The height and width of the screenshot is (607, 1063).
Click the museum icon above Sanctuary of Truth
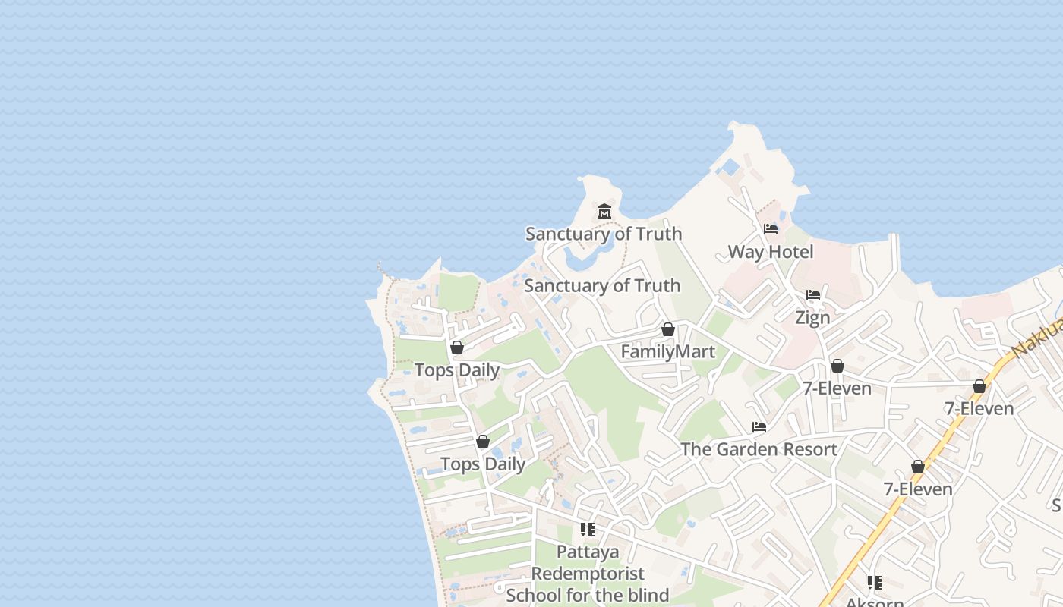click(604, 211)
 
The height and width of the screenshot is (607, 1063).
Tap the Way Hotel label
click(771, 252)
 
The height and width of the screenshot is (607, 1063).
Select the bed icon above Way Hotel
click(771, 229)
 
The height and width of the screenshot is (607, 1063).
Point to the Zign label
click(812, 318)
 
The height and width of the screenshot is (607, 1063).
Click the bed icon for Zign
click(813, 295)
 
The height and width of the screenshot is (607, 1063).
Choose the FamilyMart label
click(668, 352)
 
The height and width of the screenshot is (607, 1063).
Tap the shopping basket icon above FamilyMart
click(668, 329)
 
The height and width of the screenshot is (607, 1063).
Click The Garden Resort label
click(759, 449)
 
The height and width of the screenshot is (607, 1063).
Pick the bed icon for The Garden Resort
click(759, 427)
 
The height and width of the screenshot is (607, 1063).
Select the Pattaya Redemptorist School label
click(588, 574)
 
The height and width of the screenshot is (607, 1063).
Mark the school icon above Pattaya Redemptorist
click(588, 530)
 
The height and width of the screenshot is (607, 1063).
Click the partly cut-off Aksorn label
click(875, 602)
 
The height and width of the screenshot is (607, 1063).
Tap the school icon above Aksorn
click(875, 583)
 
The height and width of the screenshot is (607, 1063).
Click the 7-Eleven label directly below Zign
click(837, 388)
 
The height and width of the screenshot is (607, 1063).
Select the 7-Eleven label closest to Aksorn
click(918, 489)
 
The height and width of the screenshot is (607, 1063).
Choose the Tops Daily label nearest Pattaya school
click(483, 464)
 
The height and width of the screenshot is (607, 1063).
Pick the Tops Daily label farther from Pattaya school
click(456, 370)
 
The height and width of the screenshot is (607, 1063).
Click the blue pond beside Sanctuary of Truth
click(579, 260)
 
